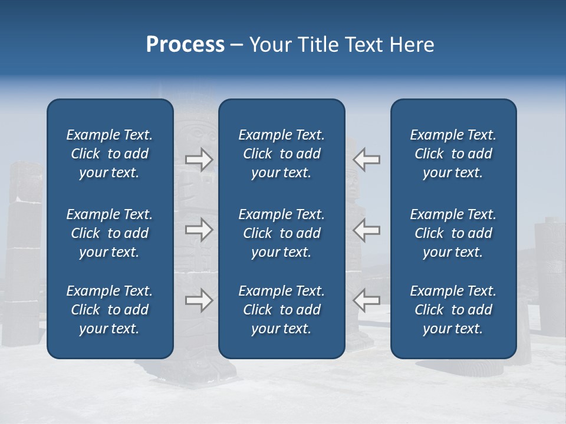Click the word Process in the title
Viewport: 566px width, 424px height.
(185, 45)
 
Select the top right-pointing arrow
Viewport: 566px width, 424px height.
(199, 160)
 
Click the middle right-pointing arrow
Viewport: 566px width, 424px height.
(199, 230)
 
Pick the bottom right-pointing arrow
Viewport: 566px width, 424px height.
(199, 300)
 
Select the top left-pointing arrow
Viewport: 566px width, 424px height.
(367, 160)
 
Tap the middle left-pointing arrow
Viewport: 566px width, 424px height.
(367, 230)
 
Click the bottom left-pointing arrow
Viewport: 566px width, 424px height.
(367, 300)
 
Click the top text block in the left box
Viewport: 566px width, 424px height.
(110, 154)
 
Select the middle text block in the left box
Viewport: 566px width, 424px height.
(110, 233)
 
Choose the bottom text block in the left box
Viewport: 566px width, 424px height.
(110, 310)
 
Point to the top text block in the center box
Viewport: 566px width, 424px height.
(281, 154)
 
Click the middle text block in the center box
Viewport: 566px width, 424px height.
(281, 233)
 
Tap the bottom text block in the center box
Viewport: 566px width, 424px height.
(281, 310)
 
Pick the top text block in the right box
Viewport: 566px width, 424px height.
(453, 154)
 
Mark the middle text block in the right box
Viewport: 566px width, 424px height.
(453, 233)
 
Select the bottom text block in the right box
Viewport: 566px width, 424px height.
(453, 310)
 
